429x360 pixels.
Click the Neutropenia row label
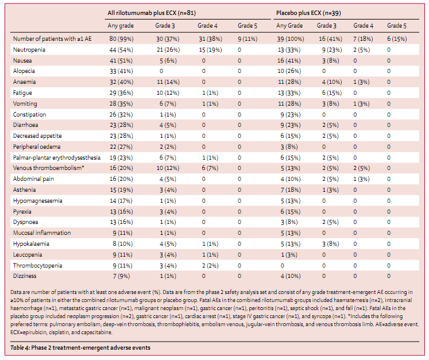click(x=29, y=50)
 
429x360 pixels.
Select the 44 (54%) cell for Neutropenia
click(x=121, y=50)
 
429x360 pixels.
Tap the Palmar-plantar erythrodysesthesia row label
click(x=57, y=157)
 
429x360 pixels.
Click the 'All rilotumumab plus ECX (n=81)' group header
click(x=152, y=13)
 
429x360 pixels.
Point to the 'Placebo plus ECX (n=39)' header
click(x=308, y=13)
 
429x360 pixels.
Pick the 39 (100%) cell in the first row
click(x=290, y=39)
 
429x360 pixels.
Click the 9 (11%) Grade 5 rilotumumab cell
click(x=248, y=39)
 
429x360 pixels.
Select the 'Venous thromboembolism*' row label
click(x=48, y=168)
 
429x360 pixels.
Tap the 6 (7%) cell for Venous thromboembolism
click(x=210, y=168)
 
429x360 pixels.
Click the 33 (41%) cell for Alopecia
click(x=121, y=71)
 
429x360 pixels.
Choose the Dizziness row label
click(x=25, y=276)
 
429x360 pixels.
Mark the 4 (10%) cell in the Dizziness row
click(x=290, y=276)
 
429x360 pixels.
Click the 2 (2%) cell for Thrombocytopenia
click(x=210, y=265)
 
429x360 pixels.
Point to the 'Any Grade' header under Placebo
click(x=289, y=25)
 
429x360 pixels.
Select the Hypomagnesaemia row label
click(x=37, y=201)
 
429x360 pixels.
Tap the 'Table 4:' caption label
click(x=20, y=348)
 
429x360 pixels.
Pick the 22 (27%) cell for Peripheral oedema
click(x=121, y=146)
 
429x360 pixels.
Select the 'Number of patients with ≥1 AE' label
click(x=52, y=39)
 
